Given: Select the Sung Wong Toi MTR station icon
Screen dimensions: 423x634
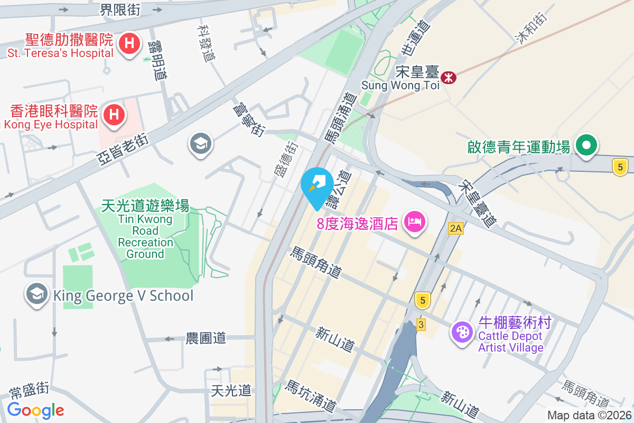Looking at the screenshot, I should coord(449,78).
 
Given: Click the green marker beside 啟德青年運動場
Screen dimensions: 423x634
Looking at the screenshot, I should coord(586,144).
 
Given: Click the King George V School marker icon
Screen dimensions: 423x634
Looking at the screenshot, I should coord(37,295).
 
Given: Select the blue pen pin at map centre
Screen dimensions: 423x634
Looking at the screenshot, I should coord(316,185).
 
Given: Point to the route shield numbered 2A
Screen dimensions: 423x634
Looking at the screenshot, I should coord(455,228).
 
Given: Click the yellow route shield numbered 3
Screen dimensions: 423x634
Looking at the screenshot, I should coord(421,325).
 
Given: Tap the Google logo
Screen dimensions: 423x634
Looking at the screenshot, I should coord(36,410).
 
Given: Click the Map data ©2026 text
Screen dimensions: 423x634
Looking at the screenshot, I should coord(589,416).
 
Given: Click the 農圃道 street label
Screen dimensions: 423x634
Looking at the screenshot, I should coord(206,338).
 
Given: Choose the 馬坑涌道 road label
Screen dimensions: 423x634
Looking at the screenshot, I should coord(311,397).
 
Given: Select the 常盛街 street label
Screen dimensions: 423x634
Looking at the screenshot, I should coord(29,392).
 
